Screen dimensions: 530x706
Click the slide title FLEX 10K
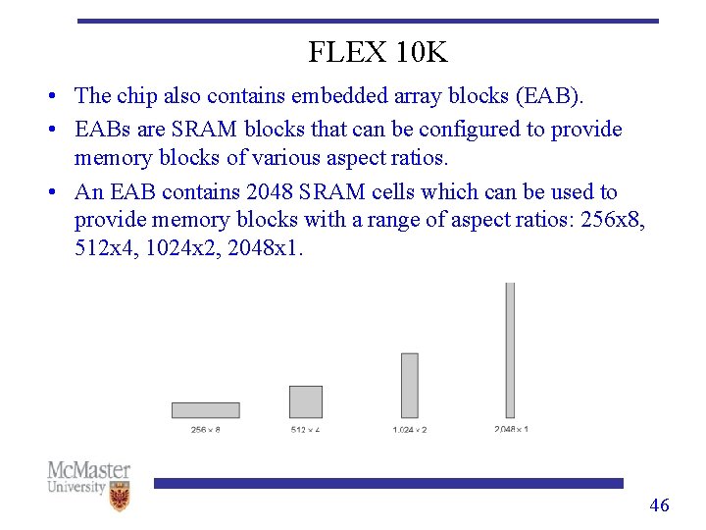378,52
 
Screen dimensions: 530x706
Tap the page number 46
660,505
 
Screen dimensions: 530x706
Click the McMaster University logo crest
120,496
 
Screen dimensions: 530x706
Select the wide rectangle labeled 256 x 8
205,410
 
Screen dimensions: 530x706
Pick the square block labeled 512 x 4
306,401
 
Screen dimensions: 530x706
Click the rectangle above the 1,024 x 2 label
410,386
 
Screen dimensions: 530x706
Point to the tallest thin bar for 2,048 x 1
510,349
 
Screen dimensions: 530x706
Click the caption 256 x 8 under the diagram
205,430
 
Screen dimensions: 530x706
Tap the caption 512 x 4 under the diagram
306,430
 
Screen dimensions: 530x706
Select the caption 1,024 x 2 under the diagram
410,430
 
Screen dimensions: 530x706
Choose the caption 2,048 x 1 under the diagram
511,429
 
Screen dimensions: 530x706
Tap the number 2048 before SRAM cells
270,192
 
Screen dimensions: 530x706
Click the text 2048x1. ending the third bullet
266,248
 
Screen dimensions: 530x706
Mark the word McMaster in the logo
88,470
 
